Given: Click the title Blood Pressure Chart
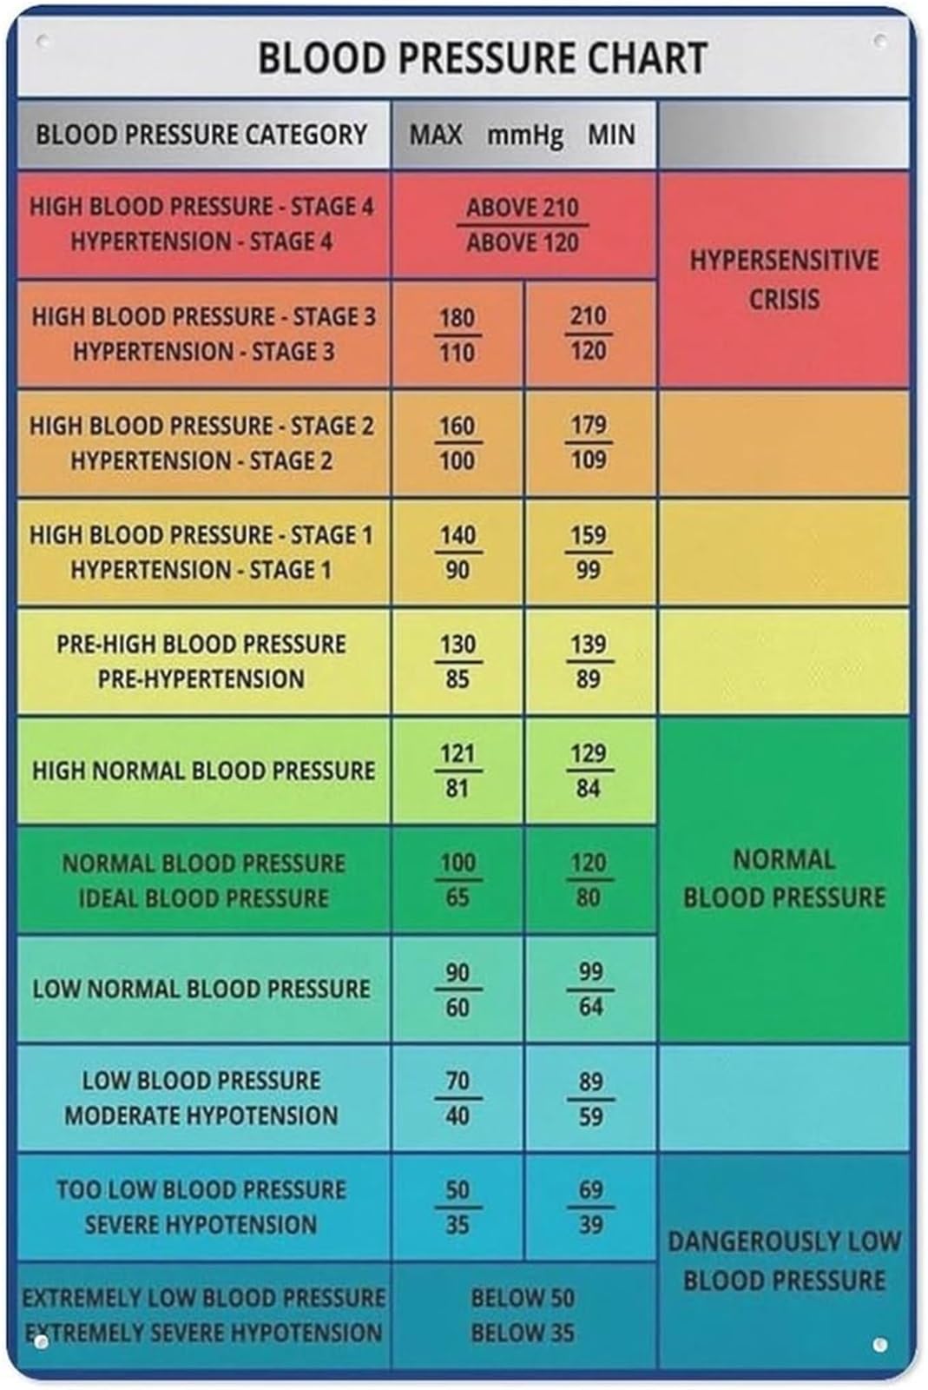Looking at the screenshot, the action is point(483,58).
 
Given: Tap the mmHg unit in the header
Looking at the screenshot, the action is point(526,136).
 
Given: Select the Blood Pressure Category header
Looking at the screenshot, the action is point(201,135).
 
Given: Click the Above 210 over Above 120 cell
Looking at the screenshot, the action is point(523,225).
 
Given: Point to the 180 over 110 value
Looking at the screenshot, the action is point(457,335).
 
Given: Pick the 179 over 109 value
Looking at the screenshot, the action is point(589,442).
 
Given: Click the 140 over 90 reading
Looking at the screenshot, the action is point(458,553).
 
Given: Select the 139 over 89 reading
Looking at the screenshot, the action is point(589,661).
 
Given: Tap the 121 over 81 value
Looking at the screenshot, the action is point(458,771).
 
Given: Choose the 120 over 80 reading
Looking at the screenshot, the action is point(589,880).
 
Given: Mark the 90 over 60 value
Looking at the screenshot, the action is point(458,990).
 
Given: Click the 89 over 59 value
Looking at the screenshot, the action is point(590,1098).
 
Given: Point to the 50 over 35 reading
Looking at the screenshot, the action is point(458,1208).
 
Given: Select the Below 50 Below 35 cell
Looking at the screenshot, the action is point(523,1315).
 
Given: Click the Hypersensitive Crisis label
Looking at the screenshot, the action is point(784,279).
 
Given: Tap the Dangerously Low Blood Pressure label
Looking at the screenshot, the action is point(784,1261).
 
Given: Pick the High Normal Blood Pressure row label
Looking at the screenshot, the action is point(203,771).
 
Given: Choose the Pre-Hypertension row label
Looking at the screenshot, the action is point(201,678).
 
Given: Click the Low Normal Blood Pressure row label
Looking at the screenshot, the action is point(201,990).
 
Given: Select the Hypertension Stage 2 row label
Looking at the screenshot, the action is point(201,460).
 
